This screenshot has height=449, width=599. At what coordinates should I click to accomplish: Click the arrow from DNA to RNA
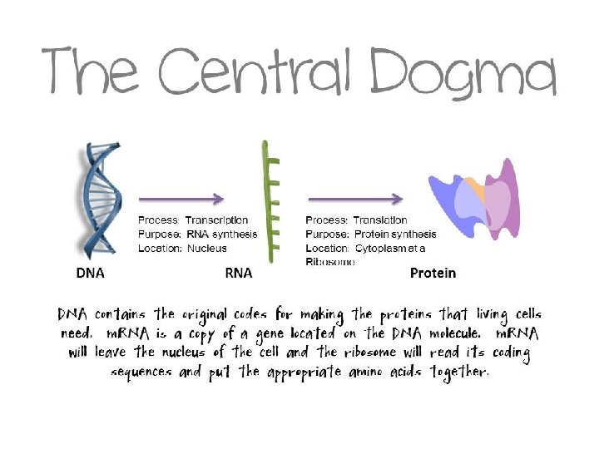pos(181,199)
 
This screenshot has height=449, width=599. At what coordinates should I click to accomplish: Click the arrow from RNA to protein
pos(355,199)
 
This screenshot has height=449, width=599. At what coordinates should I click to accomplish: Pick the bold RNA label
pos(239,273)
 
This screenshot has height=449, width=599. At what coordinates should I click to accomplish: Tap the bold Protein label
pos(433,273)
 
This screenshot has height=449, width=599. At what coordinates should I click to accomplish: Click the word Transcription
pos(216,220)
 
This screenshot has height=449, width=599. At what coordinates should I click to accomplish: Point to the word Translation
pos(380,220)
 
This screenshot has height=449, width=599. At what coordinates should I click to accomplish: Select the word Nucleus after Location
pos(206,248)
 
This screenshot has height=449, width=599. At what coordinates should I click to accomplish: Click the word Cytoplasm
pos(382,248)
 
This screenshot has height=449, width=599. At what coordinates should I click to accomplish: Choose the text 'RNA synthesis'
pos(221,234)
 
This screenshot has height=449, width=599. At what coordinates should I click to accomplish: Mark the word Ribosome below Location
pos(330,261)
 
